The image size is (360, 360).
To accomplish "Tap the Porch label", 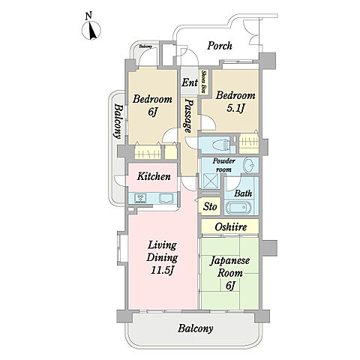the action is (220, 46).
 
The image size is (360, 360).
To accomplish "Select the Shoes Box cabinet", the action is (204, 82).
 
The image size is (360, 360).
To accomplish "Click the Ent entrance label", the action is (190, 82).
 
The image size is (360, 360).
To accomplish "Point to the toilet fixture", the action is (221, 145).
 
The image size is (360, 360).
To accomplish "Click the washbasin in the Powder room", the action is (250, 165).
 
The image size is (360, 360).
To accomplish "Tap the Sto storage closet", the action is (210, 206).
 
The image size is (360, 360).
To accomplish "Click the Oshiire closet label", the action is (231, 227).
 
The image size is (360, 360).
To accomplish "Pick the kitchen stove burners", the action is (140, 198).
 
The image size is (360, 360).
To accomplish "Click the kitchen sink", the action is (166, 198).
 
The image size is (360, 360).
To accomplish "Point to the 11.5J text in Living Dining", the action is (163, 270).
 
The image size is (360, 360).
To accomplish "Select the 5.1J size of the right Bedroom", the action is (235, 108).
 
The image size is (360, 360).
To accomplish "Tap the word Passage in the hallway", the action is (188, 115).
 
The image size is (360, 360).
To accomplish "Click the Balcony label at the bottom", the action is (196, 328).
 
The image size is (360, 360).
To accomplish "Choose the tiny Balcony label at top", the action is (145, 46).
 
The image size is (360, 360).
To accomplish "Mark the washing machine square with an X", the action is (210, 181).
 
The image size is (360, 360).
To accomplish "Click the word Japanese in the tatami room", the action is (229, 261).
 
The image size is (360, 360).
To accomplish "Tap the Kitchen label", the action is (154, 176).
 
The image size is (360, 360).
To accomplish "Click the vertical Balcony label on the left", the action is (118, 121).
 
